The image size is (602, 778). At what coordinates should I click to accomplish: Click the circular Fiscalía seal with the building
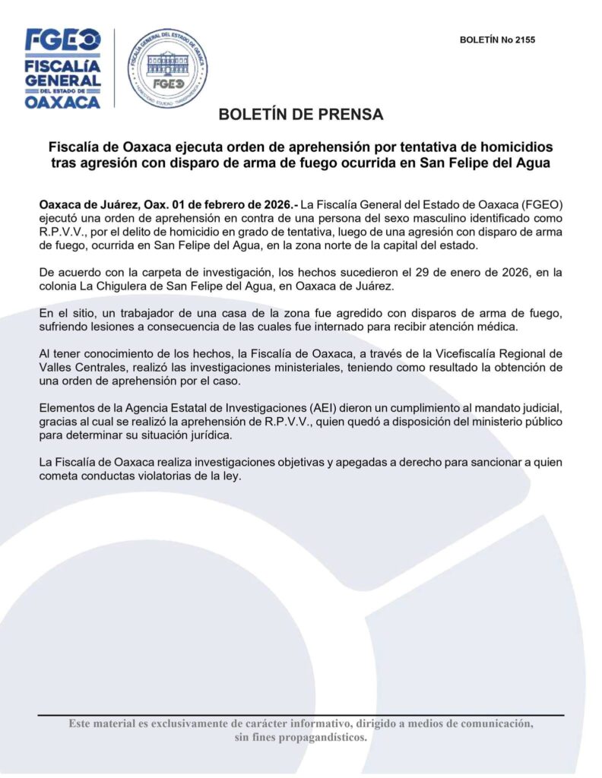pyautogui.click(x=167, y=67)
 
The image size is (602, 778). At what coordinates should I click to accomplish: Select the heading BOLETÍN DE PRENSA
pyautogui.click(x=301, y=115)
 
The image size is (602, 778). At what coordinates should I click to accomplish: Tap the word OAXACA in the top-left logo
pyautogui.click(x=62, y=101)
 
